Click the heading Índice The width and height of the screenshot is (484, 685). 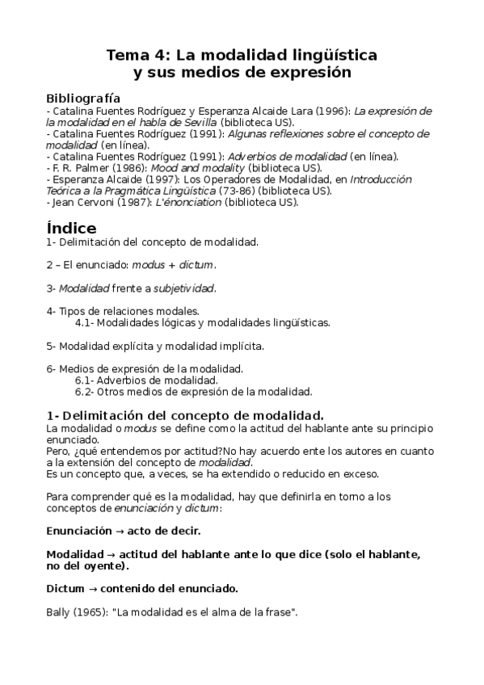pos(71,228)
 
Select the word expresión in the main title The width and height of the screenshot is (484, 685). pos(311,73)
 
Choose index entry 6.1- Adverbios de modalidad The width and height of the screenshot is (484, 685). pos(145,380)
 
